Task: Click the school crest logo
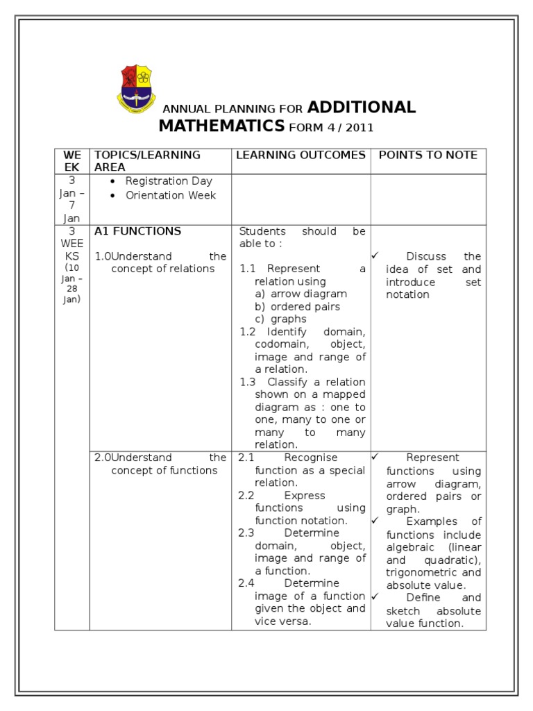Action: [x=137, y=89]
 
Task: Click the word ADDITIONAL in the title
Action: [x=361, y=107]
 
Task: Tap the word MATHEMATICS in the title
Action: [x=221, y=126]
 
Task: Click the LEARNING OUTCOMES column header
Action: [x=301, y=155]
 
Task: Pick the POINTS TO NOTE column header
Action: [x=428, y=155]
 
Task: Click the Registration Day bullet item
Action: [x=169, y=181]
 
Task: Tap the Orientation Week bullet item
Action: [x=170, y=195]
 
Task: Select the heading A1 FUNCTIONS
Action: [x=137, y=231]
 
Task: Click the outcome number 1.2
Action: [x=248, y=332]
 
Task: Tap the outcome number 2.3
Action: [x=246, y=533]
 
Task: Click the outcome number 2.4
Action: [x=246, y=583]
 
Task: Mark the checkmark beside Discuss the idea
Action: [x=375, y=256]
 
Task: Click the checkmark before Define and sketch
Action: [x=375, y=596]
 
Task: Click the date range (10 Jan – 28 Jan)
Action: [x=71, y=283]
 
